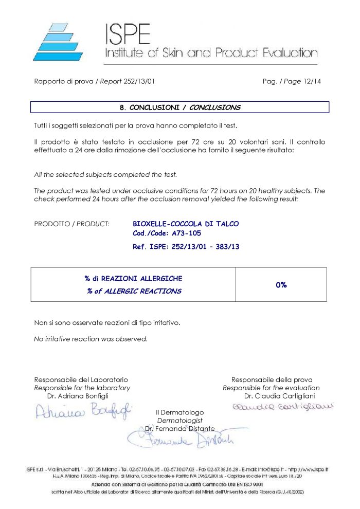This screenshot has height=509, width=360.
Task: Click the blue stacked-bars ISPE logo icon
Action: coord(57,43)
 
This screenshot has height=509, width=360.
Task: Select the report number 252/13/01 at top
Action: coord(139,81)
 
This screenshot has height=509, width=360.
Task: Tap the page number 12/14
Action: coord(311,81)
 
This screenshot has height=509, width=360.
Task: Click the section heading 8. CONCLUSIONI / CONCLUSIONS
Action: coord(179,107)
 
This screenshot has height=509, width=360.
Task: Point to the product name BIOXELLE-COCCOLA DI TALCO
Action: coord(186,224)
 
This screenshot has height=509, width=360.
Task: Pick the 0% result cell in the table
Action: coord(281,284)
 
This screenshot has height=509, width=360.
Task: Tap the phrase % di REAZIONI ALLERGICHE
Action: coord(133,278)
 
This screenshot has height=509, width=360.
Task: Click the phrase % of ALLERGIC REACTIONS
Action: coord(134,291)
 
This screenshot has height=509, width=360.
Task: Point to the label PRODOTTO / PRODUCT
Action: coord(71,224)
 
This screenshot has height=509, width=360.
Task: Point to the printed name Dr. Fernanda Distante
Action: coord(180,428)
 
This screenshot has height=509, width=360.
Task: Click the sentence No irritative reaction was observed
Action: coord(91,339)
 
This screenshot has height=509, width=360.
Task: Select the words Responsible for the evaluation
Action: coord(271,388)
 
